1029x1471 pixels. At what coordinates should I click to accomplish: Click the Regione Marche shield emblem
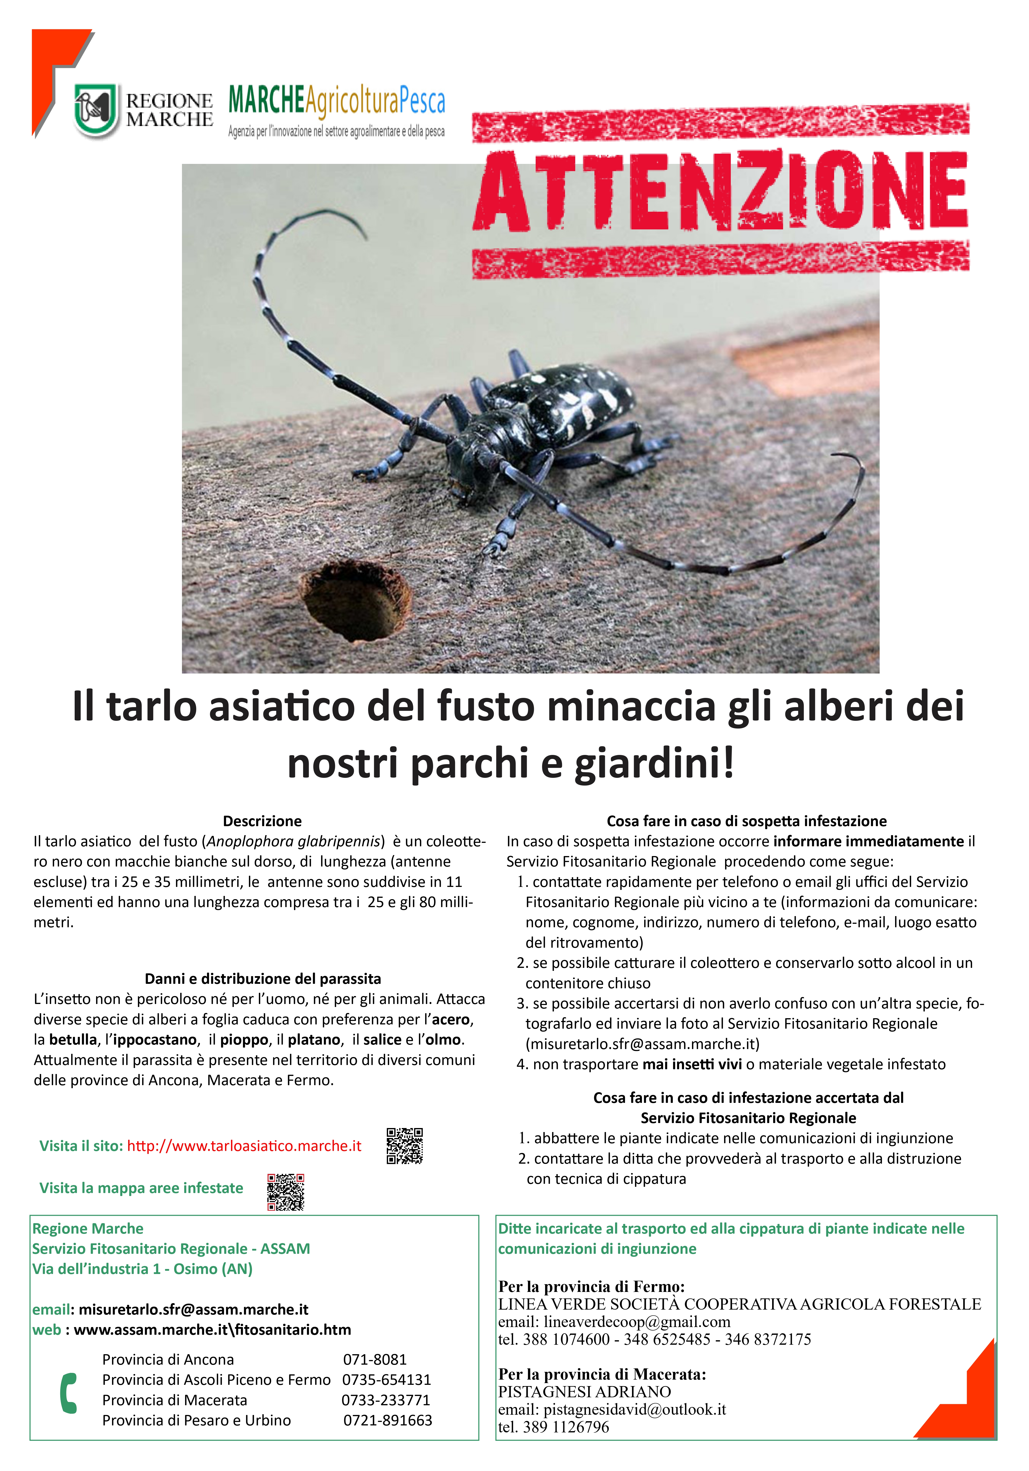(x=96, y=110)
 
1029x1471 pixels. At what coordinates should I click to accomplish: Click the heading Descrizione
(x=262, y=821)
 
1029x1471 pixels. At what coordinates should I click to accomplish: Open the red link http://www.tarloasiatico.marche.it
(x=244, y=1146)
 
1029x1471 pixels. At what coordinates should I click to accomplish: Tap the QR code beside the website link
(x=405, y=1146)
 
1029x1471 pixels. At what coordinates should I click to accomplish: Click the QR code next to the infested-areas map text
(x=286, y=1192)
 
